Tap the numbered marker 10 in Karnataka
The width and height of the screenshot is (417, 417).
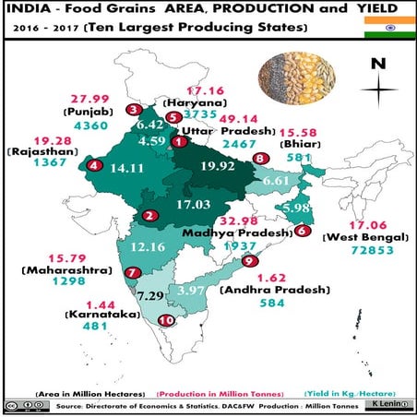166,321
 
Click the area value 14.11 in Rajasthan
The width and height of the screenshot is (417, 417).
128,168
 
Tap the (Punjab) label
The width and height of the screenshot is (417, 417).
89,114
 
